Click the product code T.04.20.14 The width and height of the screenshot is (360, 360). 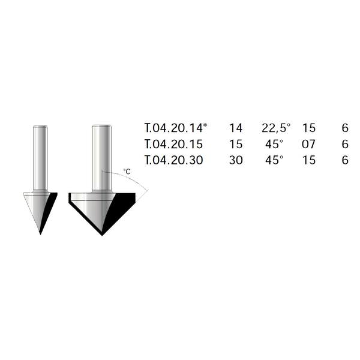click(174, 128)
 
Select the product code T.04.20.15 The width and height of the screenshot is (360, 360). click(174, 144)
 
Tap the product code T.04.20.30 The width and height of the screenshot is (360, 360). click(174, 160)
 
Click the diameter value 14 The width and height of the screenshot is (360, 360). click(236, 128)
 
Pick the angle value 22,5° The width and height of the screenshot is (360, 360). click(276, 128)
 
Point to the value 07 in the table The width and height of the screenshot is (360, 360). click(308, 144)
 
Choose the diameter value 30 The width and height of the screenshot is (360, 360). click(236, 160)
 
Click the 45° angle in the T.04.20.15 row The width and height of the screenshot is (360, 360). click(274, 144)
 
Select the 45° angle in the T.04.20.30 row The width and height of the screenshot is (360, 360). click(274, 160)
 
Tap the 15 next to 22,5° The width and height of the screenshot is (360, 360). click(309, 128)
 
